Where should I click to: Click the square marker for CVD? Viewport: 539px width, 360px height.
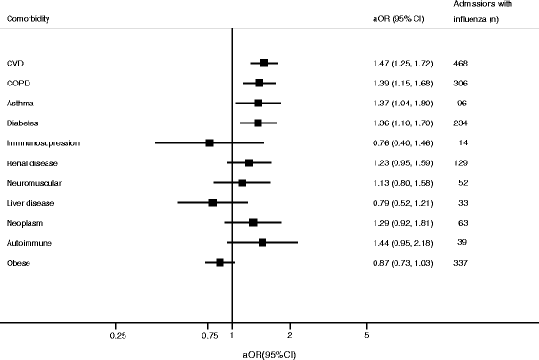click(263, 63)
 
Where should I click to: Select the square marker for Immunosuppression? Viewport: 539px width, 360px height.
click(210, 142)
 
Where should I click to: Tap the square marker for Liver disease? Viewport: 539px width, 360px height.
click(213, 202)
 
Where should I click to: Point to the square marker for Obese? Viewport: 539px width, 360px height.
click(220, 262)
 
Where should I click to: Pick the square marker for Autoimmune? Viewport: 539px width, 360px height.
click(261, 242)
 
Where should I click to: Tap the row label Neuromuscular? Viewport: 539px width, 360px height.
click(30, 182)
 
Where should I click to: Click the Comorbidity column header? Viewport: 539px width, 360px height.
click(29, 19)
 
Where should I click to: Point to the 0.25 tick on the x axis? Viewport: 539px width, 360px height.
click(118, 336)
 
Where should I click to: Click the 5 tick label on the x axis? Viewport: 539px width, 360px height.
click(367, 336)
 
